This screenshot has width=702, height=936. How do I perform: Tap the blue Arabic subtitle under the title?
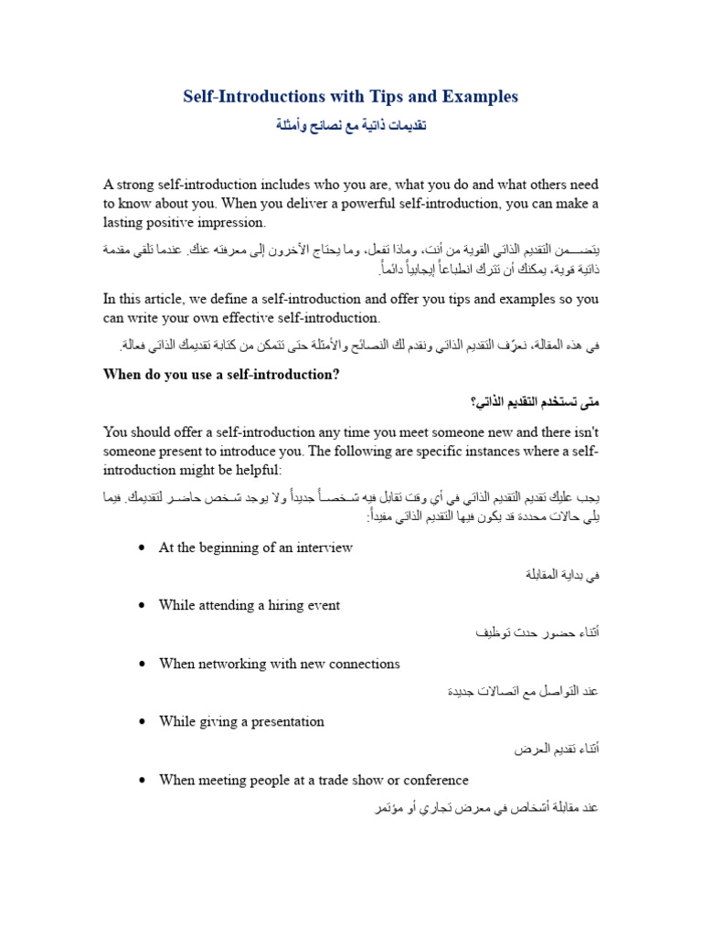351,125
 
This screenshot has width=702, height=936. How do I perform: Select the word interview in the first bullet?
322,548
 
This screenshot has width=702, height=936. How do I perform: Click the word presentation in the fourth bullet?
285,721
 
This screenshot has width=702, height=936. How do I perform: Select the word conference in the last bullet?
434,780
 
